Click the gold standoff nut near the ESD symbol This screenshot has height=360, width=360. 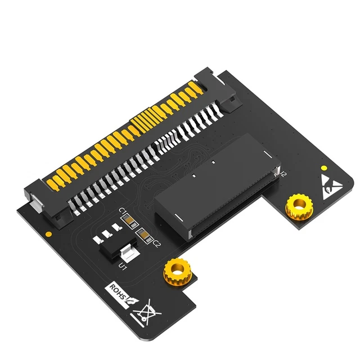298,209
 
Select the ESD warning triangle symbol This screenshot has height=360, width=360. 330,186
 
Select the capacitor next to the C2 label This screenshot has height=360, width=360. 145,235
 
